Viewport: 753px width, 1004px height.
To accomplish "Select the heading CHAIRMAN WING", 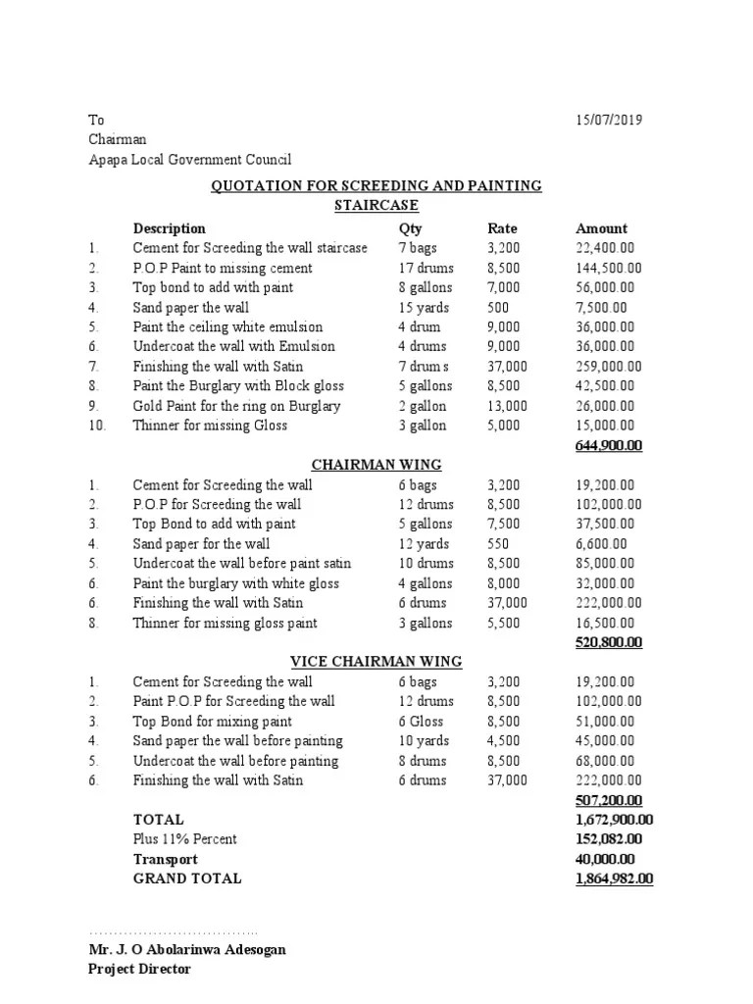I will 376,465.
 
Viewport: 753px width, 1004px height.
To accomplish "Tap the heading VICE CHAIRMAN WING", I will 376,662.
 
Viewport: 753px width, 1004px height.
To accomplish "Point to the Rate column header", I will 503,228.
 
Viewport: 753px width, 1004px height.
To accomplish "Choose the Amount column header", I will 601,228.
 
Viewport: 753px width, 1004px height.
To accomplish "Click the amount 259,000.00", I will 609,366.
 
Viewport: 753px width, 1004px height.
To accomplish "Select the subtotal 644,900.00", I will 609,445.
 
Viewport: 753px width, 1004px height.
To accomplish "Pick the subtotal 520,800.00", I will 609,642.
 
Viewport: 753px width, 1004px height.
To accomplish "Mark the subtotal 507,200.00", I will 609,800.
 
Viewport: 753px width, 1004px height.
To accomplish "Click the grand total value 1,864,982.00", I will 614,878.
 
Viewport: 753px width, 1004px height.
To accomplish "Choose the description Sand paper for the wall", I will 202,543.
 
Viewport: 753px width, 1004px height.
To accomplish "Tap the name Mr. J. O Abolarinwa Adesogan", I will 188,950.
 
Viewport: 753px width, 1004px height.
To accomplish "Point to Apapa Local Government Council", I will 190,160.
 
